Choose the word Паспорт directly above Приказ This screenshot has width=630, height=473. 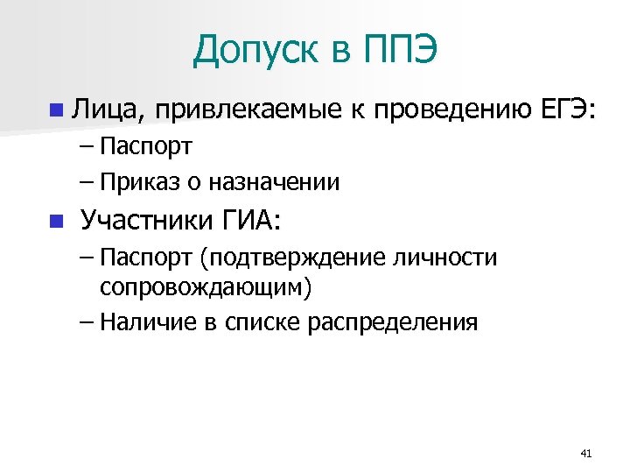(x=146, y=145)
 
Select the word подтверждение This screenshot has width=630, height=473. (x=289, y=258)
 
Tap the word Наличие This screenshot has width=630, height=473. (x=149, y=321)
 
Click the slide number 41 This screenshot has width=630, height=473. (x=586, y=453)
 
